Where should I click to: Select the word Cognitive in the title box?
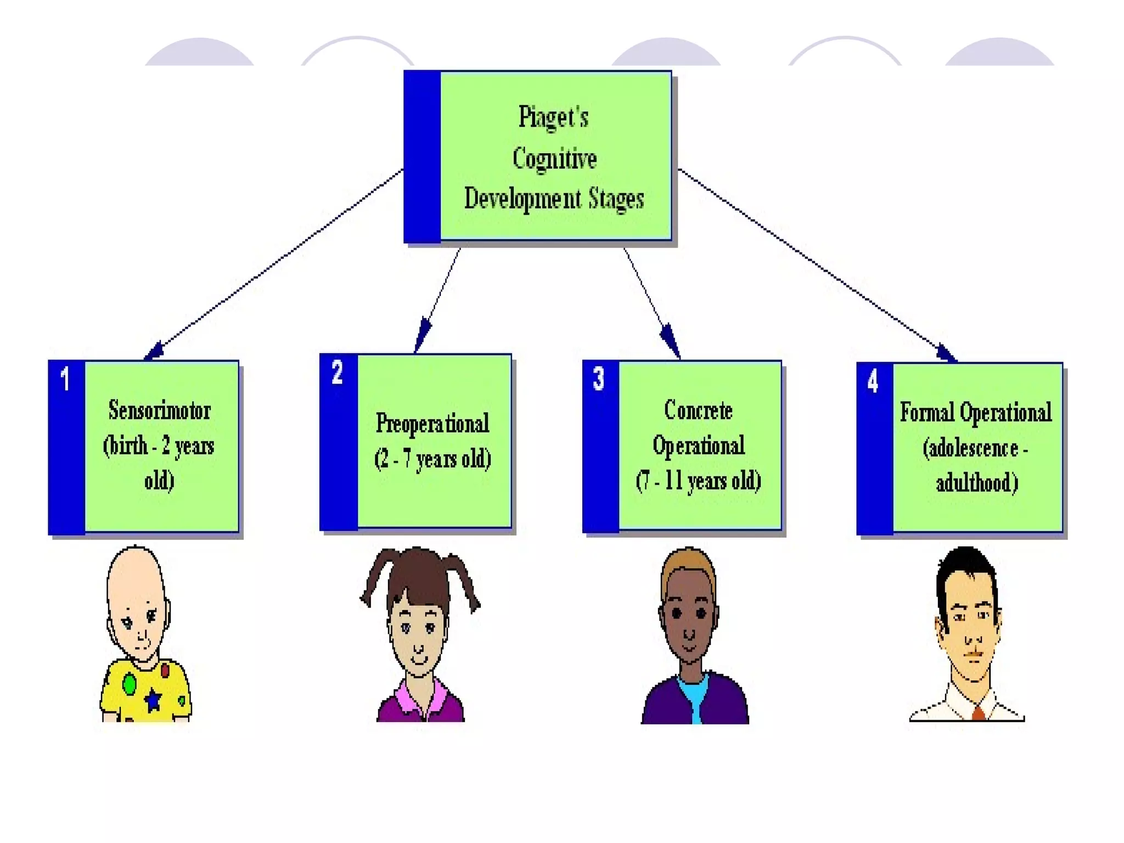[x=554, y=159]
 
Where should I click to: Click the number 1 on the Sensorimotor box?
[x=65, y=379]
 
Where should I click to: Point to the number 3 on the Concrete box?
[x=598, y=379]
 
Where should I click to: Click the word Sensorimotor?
[x=159, y=411]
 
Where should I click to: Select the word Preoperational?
[x=432, y=424]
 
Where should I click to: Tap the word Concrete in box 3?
[x=698, y=411]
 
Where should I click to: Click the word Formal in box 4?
[x=927, y=413]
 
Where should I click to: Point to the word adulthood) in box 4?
[x=976, y=483]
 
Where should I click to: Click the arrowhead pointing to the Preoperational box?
[x=422, y=334]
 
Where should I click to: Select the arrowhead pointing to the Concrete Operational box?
[x=671, y=339]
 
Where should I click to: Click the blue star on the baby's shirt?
[x=153, y=699]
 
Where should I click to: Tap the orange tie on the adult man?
[x=979, y=713]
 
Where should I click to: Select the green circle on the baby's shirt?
[x=130, y=684]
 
